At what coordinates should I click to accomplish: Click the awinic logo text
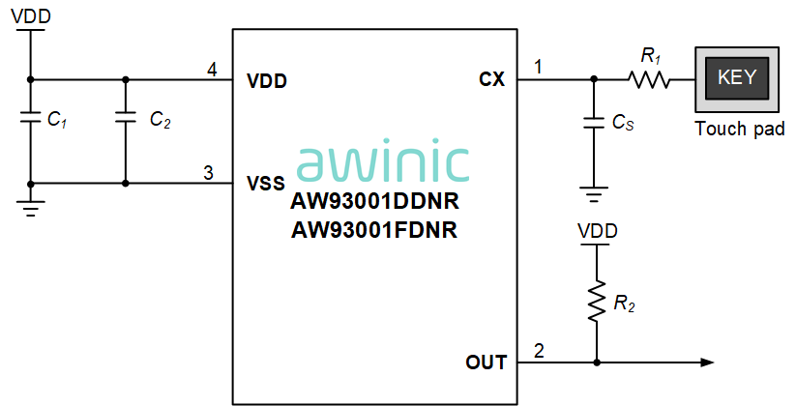pos(384,163)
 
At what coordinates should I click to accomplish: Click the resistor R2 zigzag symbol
pos(597,302)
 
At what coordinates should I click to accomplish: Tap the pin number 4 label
pos(212,70)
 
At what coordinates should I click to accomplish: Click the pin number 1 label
pos(539,68)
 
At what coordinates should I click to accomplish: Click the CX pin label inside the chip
pos(491,79)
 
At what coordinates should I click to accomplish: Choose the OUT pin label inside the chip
pos(486,362)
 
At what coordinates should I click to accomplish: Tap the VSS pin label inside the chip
pos(267,183)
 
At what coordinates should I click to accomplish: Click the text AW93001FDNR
pos(374,231)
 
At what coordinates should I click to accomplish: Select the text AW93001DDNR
pos(374,204)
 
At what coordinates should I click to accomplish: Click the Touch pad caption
pos(740,130)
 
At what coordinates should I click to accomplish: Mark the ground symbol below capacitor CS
pos(593,193)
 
